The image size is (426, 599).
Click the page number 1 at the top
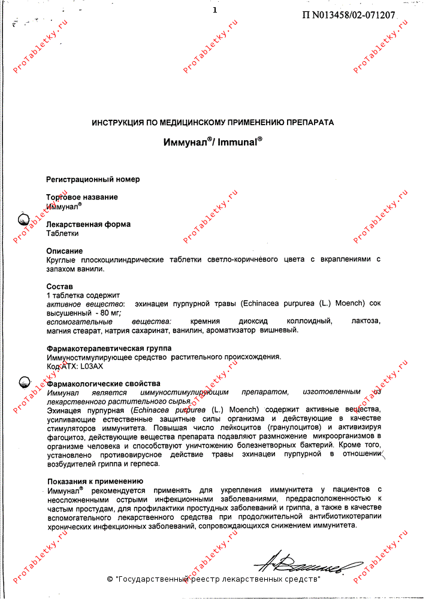214,10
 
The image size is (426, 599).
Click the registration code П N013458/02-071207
345,15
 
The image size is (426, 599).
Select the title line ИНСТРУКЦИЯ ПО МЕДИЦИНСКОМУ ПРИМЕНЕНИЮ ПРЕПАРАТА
213,122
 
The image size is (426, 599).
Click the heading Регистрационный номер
93,179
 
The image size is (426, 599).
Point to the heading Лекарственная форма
88,224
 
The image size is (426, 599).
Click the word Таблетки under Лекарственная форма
62,234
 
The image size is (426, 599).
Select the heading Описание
65,251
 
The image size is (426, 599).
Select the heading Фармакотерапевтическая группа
108,348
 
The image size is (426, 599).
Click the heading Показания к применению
95,481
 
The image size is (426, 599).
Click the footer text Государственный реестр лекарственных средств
218,580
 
